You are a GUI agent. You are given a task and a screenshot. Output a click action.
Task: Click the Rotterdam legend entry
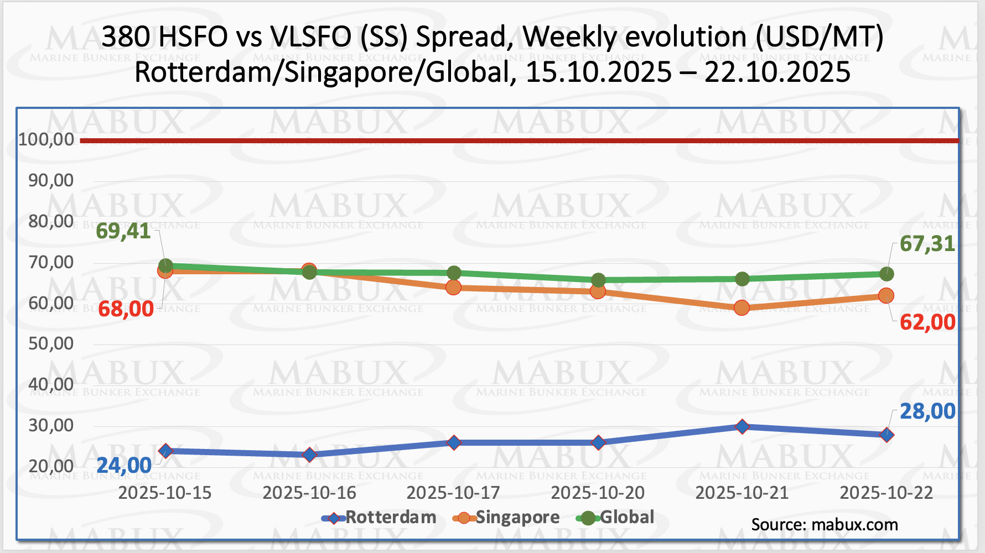[x=380, y=518]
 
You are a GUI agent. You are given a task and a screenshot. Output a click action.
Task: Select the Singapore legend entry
[x=506, y=518]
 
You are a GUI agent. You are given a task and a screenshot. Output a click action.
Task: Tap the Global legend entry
[x=615, y=518]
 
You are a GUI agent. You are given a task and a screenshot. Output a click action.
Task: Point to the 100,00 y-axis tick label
[x=46, y=139]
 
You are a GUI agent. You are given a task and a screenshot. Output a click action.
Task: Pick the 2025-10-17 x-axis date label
[x=453, y=493]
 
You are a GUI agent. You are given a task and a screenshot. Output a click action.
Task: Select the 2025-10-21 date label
[x=742, y=493]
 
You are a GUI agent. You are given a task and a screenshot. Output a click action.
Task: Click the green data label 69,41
[x=123, y=231]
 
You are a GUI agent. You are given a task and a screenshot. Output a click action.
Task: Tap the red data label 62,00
[x=927, y=322]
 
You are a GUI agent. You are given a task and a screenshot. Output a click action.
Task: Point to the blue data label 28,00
[x=927, y=411]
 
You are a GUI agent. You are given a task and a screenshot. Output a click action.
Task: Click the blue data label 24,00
[x=124, y=466]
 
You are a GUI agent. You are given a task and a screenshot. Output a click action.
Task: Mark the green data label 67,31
[x=927, y=243]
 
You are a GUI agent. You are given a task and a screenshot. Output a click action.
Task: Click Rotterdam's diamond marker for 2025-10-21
[x=742, y=426]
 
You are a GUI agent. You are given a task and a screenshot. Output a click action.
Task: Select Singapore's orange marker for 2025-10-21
[x=742, y=307]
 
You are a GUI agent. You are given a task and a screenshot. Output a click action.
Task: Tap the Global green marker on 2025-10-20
[x=598, y=280]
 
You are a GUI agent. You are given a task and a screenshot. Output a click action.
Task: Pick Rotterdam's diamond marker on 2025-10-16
[x=309, y=455]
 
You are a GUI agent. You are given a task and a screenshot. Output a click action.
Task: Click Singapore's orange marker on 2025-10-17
[x=453, y=288]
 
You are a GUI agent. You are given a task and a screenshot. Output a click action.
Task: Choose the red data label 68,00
[x=126, y=309]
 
